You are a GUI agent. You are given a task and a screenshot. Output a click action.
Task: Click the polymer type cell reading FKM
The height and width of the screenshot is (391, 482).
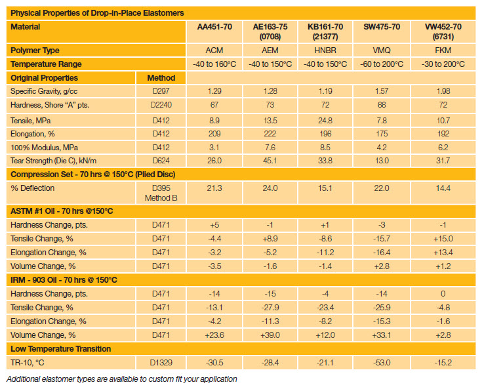point(439,50)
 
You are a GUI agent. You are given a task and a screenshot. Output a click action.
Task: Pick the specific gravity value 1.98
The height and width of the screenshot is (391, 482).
point(439,92)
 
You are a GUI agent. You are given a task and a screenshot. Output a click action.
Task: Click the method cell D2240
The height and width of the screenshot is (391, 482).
point(161,106)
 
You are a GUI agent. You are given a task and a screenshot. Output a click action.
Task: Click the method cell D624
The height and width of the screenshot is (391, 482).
point(161,161)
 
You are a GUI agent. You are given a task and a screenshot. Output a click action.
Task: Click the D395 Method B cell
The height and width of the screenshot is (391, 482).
point(161,193)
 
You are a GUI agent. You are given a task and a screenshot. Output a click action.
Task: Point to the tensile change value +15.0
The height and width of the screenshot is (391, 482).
point(439,238)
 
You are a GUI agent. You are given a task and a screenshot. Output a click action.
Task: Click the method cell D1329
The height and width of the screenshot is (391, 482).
point(161,363)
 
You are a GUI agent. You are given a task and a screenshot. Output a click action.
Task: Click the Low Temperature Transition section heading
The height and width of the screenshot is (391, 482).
point(61,349)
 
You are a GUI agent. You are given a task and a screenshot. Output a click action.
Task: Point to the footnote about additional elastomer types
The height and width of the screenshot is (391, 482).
point(121,379)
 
